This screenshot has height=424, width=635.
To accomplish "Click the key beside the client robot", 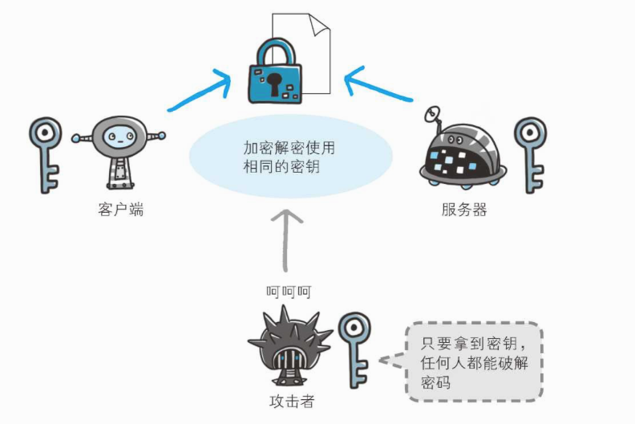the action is [46, 154].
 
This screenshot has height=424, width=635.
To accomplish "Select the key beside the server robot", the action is [531, 154].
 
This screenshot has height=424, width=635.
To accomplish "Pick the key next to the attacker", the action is [354, 350].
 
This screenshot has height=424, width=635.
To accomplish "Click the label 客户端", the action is [121, 210].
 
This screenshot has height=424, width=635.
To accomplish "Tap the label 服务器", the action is [464, 210].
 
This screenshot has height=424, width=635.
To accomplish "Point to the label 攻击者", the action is [292, 402].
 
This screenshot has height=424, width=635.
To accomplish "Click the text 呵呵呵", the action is [289, 291].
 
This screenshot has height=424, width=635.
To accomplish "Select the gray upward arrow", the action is [286, 240].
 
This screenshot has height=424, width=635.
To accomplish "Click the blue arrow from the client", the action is [200, 91].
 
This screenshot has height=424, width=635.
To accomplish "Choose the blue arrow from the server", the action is [378, 84].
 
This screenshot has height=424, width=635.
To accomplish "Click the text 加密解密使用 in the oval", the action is [289, 148].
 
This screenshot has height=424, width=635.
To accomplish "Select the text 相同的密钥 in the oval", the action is [281, 166].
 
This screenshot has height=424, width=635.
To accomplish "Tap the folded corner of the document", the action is [319, 24].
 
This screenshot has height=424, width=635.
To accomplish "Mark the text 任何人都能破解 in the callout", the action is [474, 363].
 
